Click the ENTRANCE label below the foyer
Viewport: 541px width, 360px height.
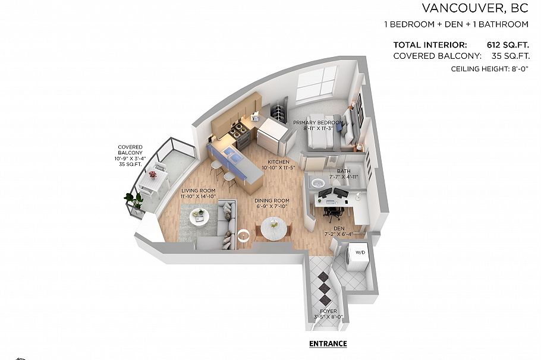[328, 344]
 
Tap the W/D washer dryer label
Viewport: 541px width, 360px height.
[360, 252]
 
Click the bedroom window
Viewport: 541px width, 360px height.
[316, 83]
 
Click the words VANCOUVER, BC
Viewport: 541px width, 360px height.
[475, 8]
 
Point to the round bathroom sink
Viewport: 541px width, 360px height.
[317, 182]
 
